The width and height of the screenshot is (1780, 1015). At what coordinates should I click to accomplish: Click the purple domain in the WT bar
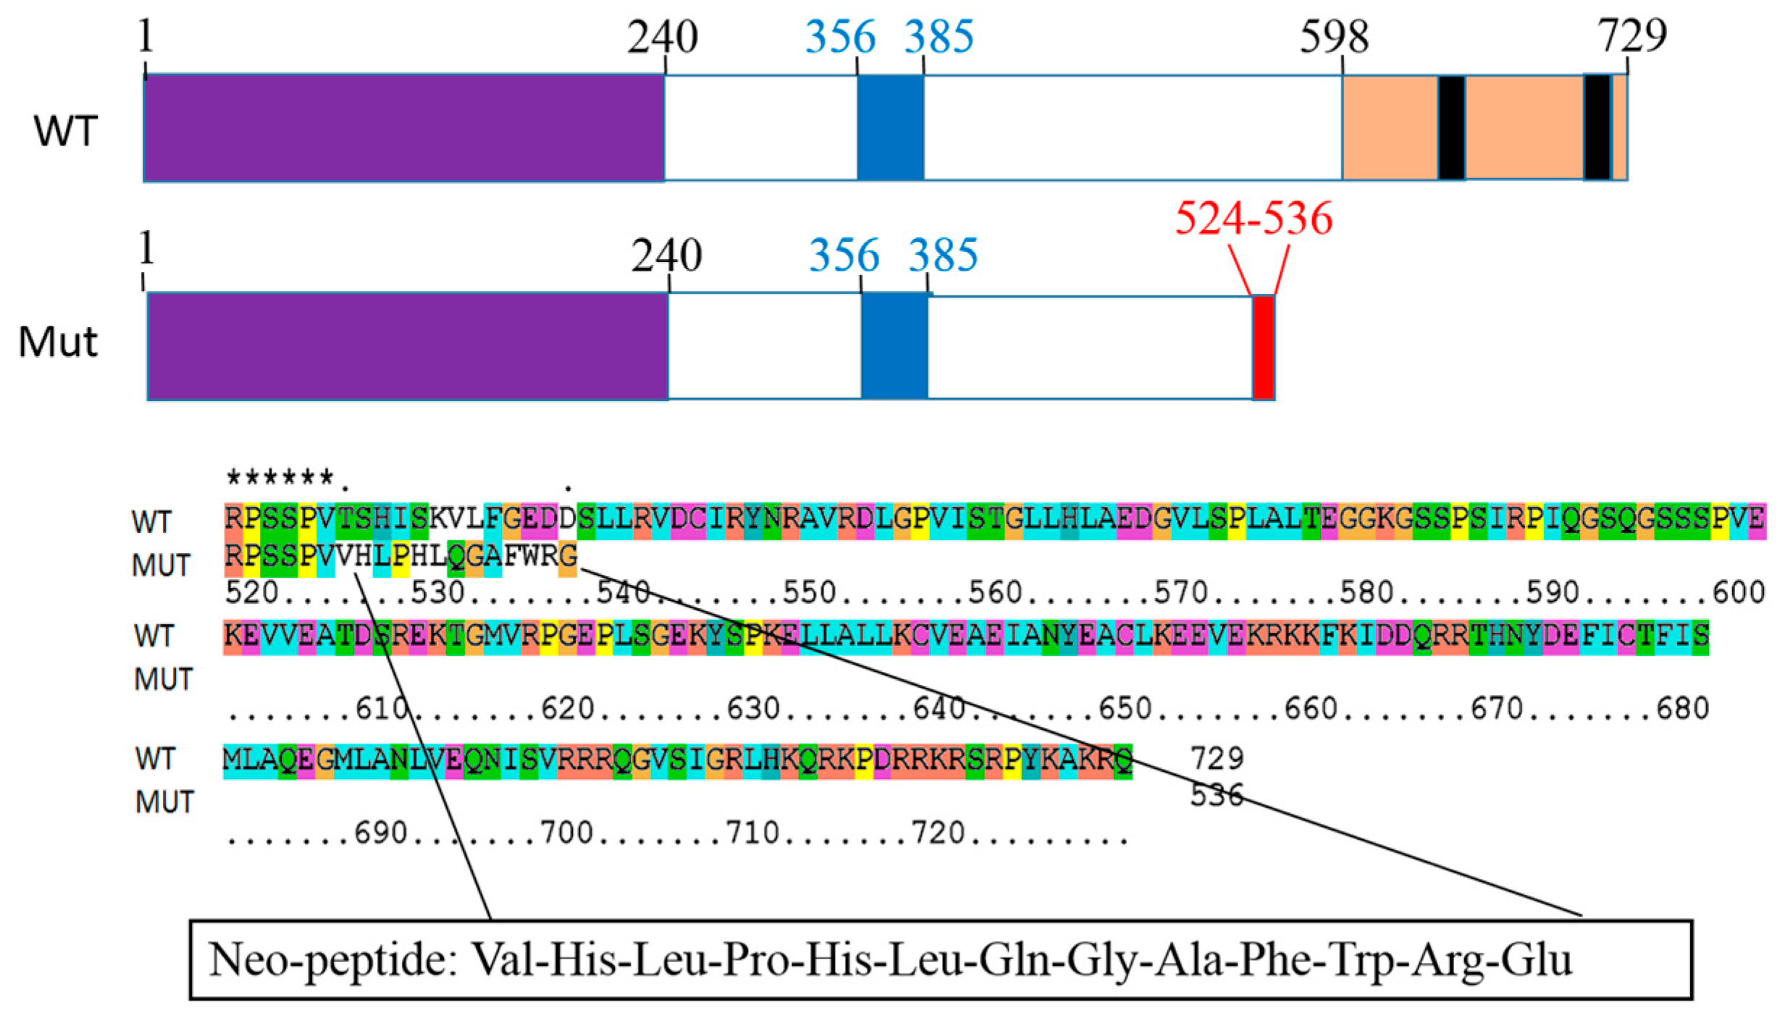point(403,127)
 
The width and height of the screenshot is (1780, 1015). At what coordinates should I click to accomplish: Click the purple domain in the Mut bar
point(407,346)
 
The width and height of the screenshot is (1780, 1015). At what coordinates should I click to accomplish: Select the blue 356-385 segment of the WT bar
point(890,127)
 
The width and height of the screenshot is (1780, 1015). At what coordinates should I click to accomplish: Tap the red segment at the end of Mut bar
point(1264,348)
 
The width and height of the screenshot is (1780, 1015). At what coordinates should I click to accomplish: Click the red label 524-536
point(1254,218)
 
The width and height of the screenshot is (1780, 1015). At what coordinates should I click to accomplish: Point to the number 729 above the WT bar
point(1632,35)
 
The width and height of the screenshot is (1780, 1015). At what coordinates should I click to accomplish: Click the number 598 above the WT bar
point(1334,37)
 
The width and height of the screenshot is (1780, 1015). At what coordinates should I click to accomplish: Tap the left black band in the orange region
point(1451,127)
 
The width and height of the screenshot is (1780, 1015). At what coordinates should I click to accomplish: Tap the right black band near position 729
point(1597,127)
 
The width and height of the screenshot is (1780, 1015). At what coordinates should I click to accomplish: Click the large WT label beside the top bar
point(65,131)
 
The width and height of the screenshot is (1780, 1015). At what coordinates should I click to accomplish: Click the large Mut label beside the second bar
point(58,342)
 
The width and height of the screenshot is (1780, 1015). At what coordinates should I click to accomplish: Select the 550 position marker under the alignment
point(810,593)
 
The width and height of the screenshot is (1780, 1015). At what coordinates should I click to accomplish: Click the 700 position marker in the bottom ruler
point(567,833)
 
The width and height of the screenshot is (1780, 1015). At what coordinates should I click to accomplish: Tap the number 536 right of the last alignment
point(1217,795)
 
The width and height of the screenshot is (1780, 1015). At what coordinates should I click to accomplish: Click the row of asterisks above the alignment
point(280,479)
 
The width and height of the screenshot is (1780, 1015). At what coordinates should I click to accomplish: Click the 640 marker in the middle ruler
point(939,709)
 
